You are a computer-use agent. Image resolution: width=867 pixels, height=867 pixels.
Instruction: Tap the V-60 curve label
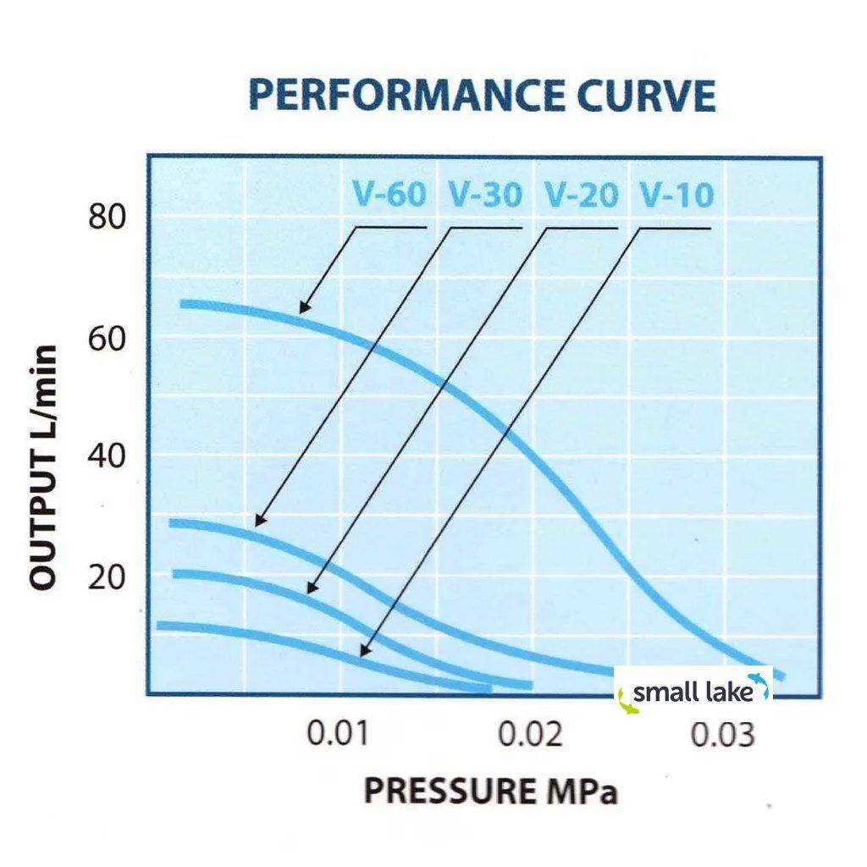click(x=389, y=196)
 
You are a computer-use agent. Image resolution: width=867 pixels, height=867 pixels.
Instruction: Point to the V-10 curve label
click(x=676, y=196)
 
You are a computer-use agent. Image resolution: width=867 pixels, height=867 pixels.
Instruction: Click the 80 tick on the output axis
click(x=107, y=217)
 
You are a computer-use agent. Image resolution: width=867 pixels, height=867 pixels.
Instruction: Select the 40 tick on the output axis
click(x=107, y=456)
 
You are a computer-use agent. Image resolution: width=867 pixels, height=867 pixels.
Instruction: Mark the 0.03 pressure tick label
click(x=722, y=734)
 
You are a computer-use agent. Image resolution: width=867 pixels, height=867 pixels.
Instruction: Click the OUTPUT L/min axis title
click(x=43, y=467)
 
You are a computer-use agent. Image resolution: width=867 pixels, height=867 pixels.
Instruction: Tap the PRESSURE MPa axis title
click(x=491, y=790)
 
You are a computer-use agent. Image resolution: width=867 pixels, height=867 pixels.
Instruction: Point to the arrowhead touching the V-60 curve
click(x=303, y=309)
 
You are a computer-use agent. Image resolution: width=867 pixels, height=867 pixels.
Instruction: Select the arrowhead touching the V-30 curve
click(x=259, y=522)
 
